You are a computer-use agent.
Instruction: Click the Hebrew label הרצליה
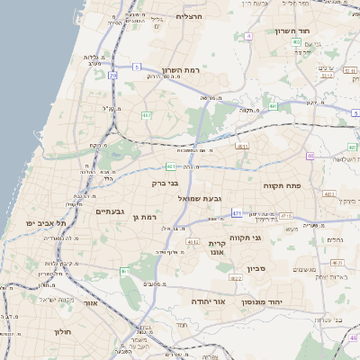[x=191, y=16]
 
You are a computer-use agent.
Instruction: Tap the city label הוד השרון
[x=293, y=30]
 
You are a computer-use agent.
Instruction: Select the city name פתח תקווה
[x=282, y=184]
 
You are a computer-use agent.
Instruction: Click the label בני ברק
[x=166, y=183]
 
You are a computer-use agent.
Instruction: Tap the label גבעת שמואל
[x=199, y=197]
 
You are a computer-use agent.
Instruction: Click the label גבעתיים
[x=111, y=211]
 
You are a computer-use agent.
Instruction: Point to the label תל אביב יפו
[x=42, y=221]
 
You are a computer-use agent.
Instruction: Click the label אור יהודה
[x=207, y=301]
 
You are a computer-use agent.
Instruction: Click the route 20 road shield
[x=112, y=76]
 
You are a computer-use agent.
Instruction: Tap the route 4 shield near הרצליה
[x=247, y=36]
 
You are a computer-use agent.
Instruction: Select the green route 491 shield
[x=272, y=107]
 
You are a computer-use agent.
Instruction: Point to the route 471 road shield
[x=236, y=213]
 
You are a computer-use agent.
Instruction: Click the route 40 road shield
[x=310, y=156]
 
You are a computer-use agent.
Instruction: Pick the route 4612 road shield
[x=192, y=242]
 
